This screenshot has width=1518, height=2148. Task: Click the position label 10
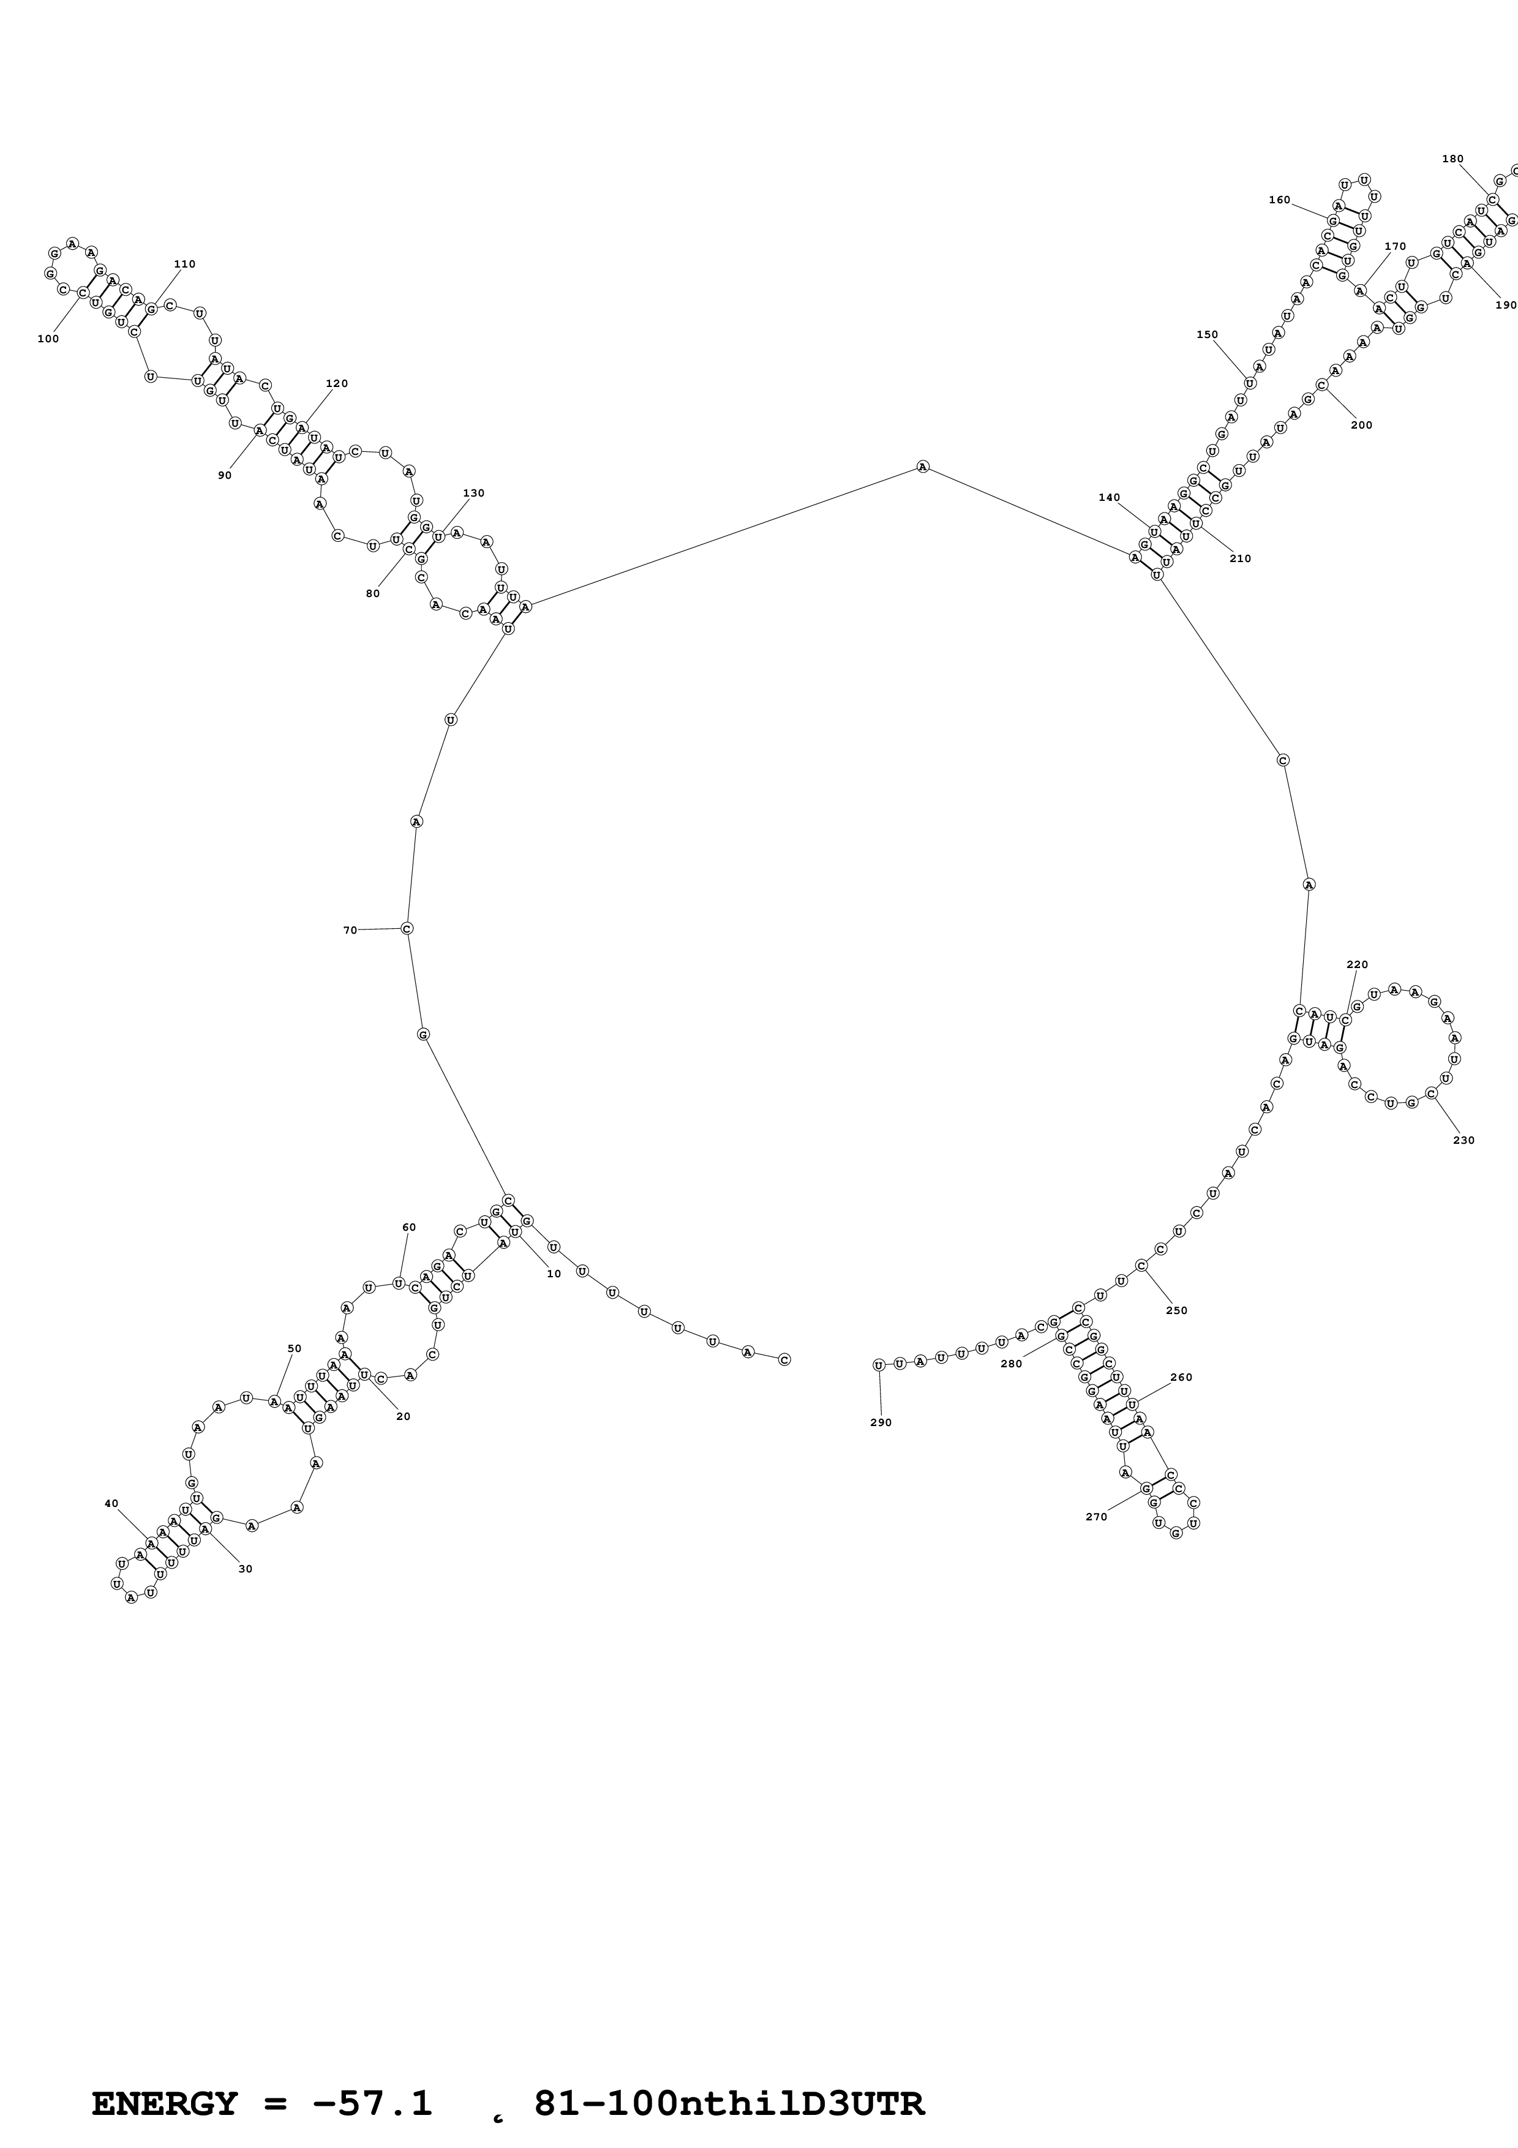click(x=554, y=1273)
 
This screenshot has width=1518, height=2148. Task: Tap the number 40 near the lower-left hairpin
click(x=111, y=1503)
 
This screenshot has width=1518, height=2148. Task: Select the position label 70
click(x=350, y=930)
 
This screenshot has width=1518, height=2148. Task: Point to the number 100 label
click(x=48, y=339)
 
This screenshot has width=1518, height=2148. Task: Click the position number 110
click(x=185, y=264)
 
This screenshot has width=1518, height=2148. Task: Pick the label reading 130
click(x=474, y=493)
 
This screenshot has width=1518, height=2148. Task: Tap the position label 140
click(x=1110, y=498)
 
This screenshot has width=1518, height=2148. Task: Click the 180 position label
click(x=1452, y=159)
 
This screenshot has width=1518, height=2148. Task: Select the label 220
click(x=1357, y=964)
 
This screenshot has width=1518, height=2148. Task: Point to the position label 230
click(x=1464, y=1140)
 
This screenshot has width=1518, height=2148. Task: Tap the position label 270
click(x=1096, y=1517)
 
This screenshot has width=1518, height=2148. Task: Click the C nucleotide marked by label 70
click(x=407, y=928)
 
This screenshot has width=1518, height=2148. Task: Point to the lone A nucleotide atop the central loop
click(x=923, y=467)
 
